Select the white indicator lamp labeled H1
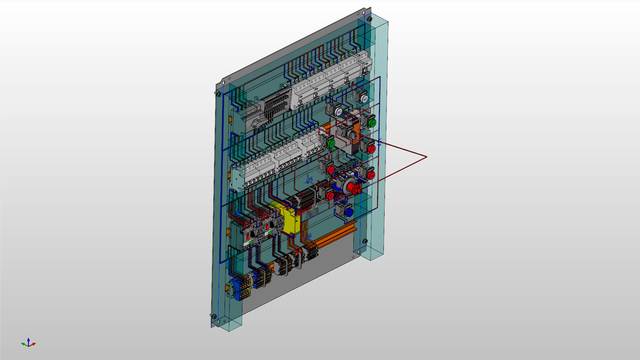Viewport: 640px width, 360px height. pos(339,113)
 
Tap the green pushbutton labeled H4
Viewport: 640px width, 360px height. pos(371,122)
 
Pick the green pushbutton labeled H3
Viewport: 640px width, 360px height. pos(331,143)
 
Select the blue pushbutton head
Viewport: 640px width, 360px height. pos(349,212)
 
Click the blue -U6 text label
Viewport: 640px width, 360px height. pos(308,236)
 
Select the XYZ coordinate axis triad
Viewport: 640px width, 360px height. pos(28,343)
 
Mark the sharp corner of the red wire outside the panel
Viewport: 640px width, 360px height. pos(426,157)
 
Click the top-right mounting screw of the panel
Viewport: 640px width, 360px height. pos(369,19)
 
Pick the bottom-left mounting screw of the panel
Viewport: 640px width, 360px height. pos(214,316)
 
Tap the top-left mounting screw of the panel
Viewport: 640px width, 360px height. pos(218,92)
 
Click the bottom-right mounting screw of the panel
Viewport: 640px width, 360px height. pos(364,241)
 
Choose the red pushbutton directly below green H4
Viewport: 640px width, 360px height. pos(371,149)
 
